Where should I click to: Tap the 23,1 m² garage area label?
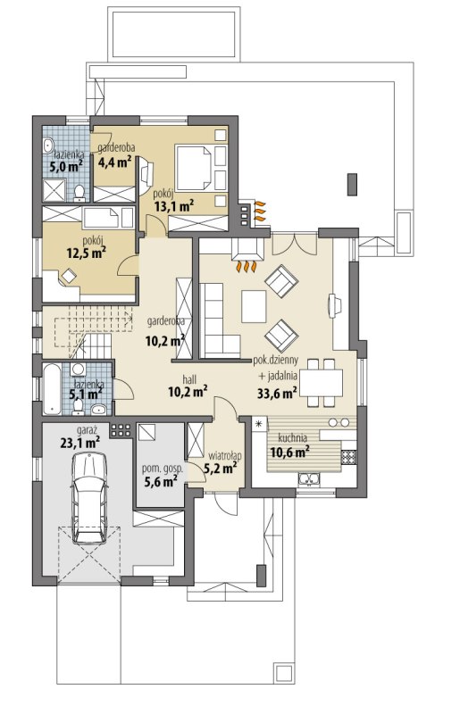tap(80, 442)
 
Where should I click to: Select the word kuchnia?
tap(292, 437)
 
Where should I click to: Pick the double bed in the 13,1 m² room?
tap(194, 167)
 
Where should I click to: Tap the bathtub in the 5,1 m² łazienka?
tap(52, 389)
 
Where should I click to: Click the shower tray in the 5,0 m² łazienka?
tap(54, 190)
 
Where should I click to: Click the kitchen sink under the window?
tap(309, 478)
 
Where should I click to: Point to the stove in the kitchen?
tap(348, 456)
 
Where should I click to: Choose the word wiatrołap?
tap(225, 455)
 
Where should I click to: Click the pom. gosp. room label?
tap(163, 469)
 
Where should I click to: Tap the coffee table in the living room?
tap(254, 306)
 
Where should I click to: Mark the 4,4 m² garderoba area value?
tap(115, 162)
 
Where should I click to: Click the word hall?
tap(189, 378)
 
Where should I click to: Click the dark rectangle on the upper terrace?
tap(352, 185)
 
